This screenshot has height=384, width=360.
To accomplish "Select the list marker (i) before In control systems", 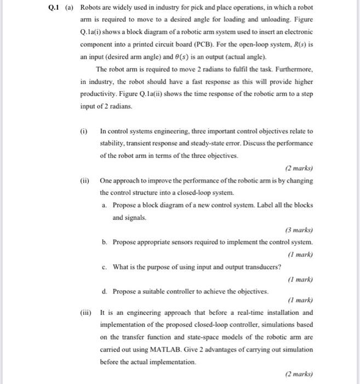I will coord(83,132).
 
